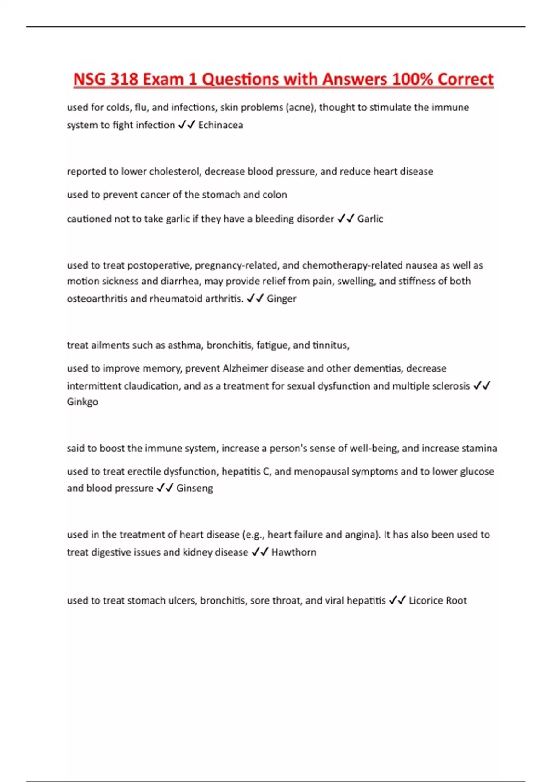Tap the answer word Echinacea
pos(220,125)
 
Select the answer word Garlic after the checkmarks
pos(370,219)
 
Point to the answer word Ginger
pos(282,299)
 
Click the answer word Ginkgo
pos(82,402)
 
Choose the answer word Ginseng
pos(195,488)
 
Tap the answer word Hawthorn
pos(294,552)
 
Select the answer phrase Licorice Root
pos(437,600)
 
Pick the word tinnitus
pos(331,345)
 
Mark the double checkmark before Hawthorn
pos(259,552)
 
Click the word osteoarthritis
pos(97,299)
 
